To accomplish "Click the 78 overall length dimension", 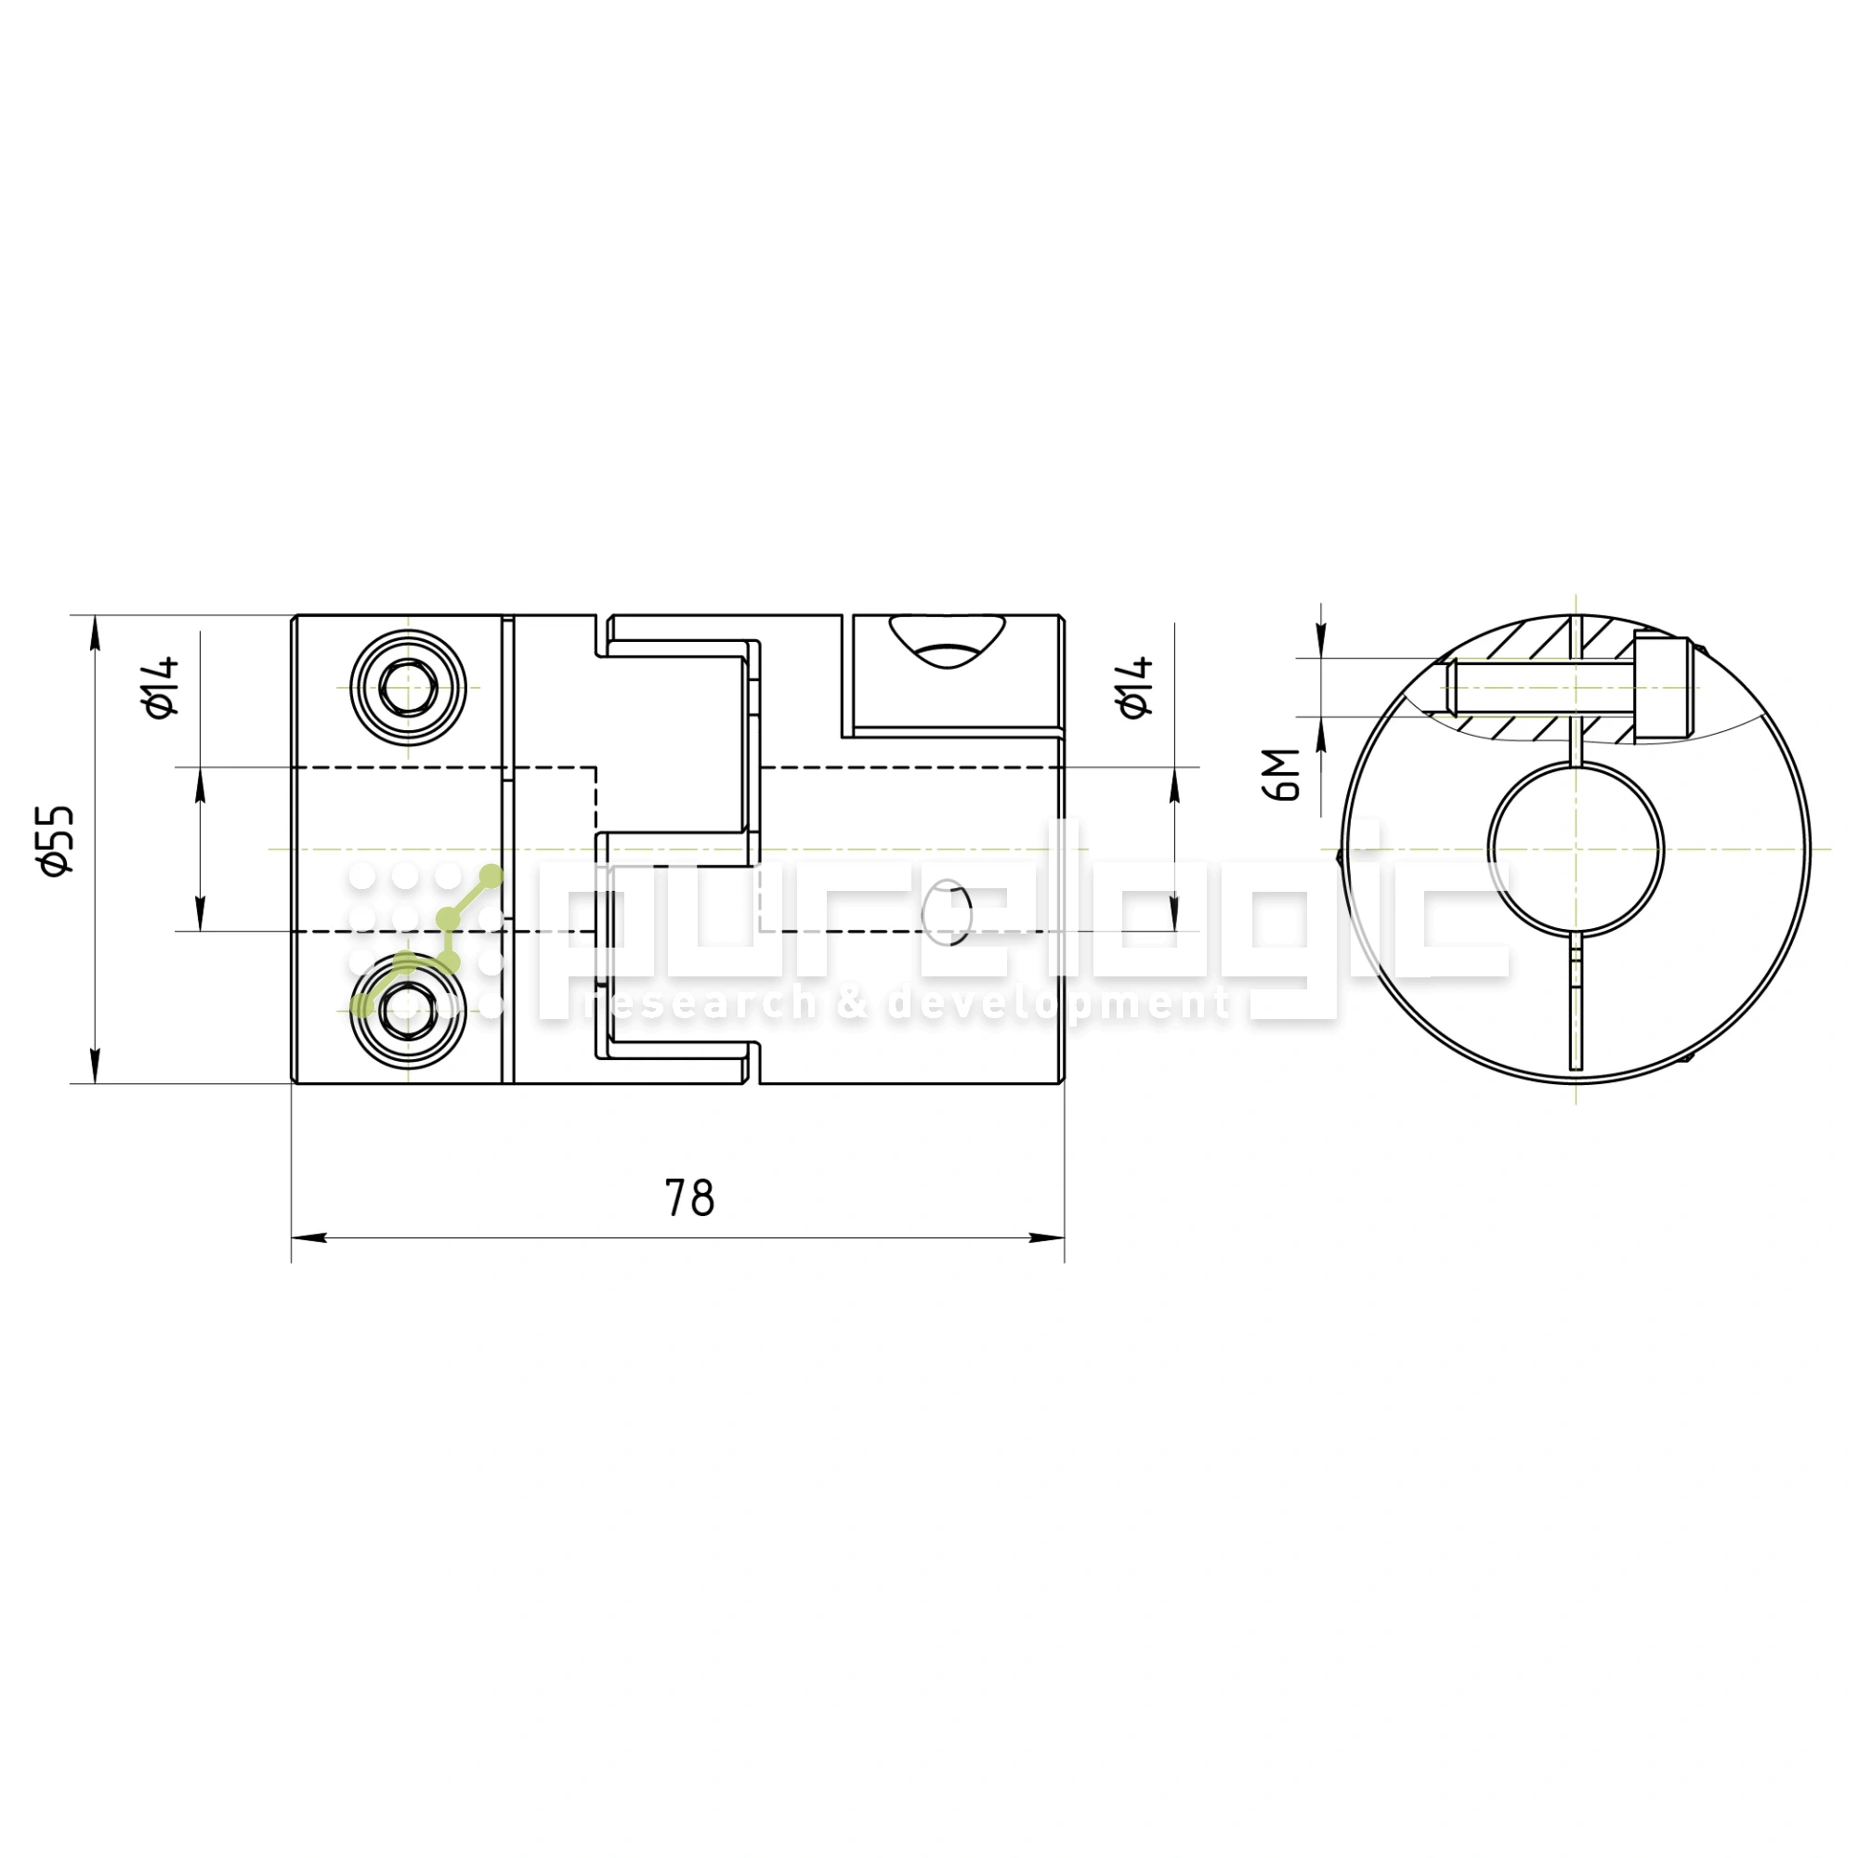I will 689,1198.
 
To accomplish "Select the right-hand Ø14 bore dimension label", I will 1136,687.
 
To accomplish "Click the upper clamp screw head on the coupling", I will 409,688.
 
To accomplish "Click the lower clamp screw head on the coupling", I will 409,1012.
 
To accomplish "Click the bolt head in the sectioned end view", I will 1663,688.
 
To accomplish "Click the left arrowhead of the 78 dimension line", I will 308,1237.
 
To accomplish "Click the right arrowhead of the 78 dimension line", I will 1047,1237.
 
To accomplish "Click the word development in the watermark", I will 1058,1005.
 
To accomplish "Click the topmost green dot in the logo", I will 491,876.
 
